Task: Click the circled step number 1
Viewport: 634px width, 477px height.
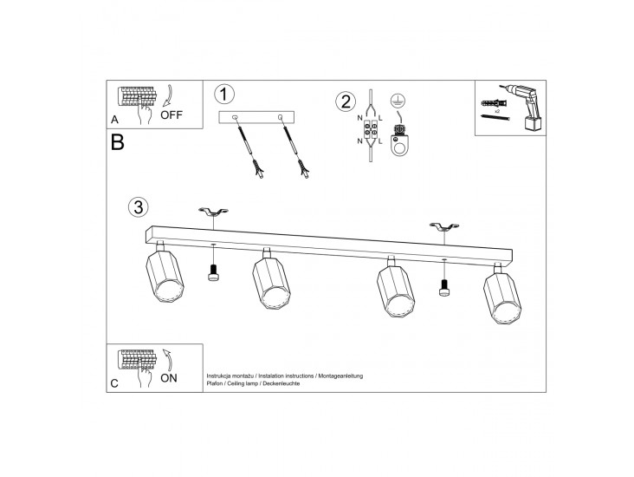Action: (224, 95)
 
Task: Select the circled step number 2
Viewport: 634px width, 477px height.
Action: (346, 101)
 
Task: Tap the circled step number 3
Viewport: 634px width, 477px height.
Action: (139, 206)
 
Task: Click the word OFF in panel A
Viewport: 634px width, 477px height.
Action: (171, 115)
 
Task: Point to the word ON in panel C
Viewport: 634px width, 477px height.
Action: (169, 378)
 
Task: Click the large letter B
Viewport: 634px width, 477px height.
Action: (117, 142)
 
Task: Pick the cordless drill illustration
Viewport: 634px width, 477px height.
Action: (524, 107)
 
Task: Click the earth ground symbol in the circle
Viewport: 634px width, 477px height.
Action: (398, 100)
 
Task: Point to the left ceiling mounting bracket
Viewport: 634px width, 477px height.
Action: (213, 212)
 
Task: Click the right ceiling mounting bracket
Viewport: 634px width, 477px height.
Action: (444, 226)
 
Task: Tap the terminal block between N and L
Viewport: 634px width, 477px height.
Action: (371, 132)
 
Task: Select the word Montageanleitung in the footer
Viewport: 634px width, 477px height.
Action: (340, 376)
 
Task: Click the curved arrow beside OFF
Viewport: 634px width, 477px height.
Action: (169, 96)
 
